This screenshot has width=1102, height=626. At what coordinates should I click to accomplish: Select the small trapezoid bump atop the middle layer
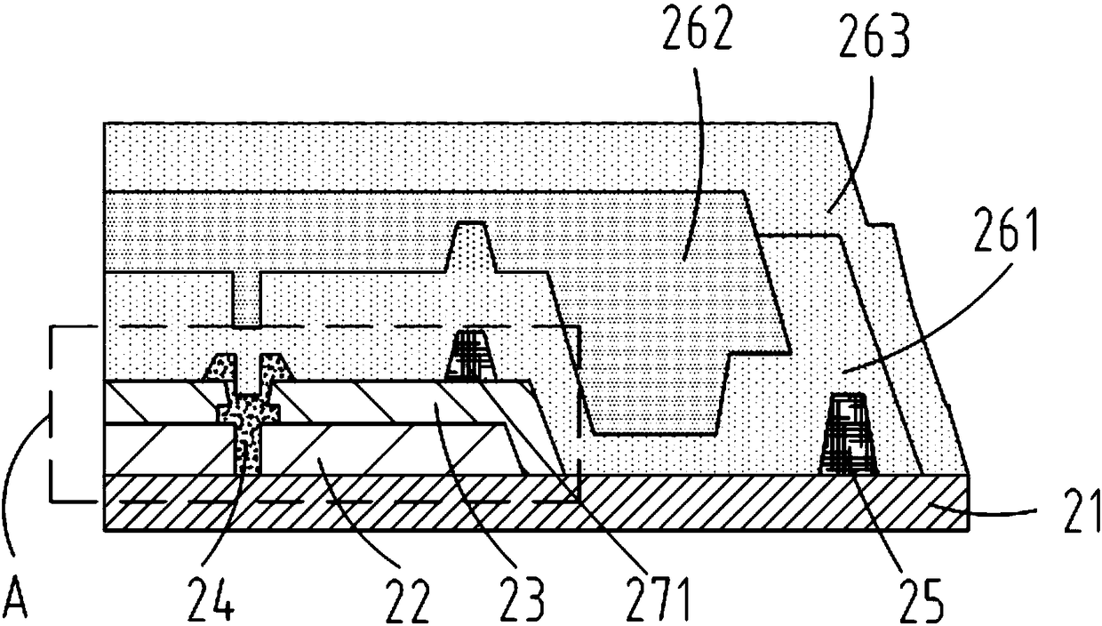pyautogui.click(x=471, y=245)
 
